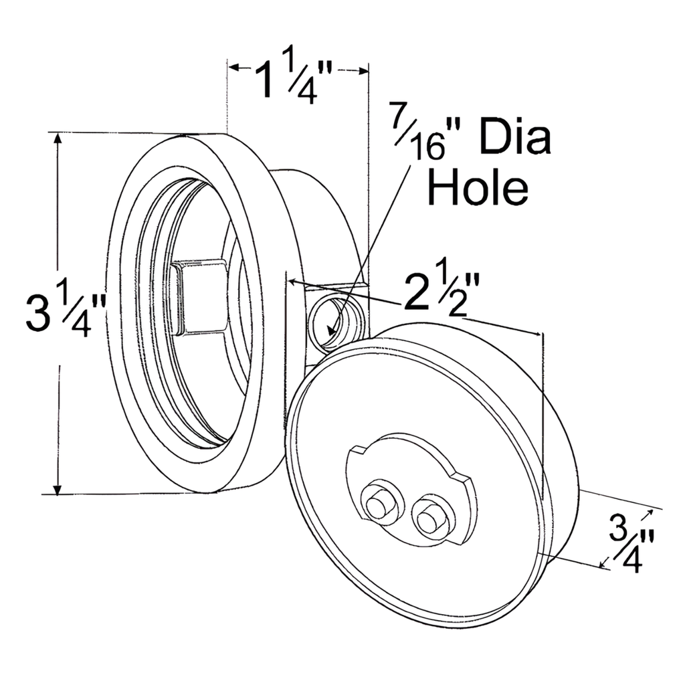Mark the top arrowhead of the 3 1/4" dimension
click(59, 138)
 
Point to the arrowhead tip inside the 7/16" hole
click(329, 329)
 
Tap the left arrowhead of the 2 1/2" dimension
click(295, 283)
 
